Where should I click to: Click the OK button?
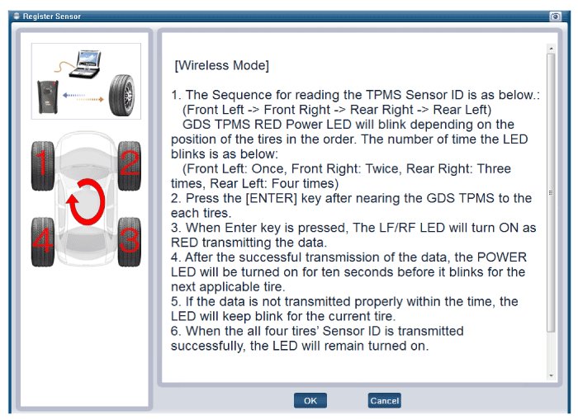(310, 400)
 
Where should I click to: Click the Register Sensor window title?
(51, 17)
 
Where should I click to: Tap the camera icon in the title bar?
(555, 17)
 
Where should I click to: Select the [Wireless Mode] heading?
(221, 65)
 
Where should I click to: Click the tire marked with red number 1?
(43, 166)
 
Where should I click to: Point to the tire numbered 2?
(129, 166)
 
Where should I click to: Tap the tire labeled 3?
(129, 242)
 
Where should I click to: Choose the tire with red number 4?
(43, 242)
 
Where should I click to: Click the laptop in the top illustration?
(86, 64)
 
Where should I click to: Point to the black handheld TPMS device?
(48, 97)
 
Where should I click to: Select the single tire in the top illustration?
(121, 95)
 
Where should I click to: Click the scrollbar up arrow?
(551, 48)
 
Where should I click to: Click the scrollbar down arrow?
(551, 375)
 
